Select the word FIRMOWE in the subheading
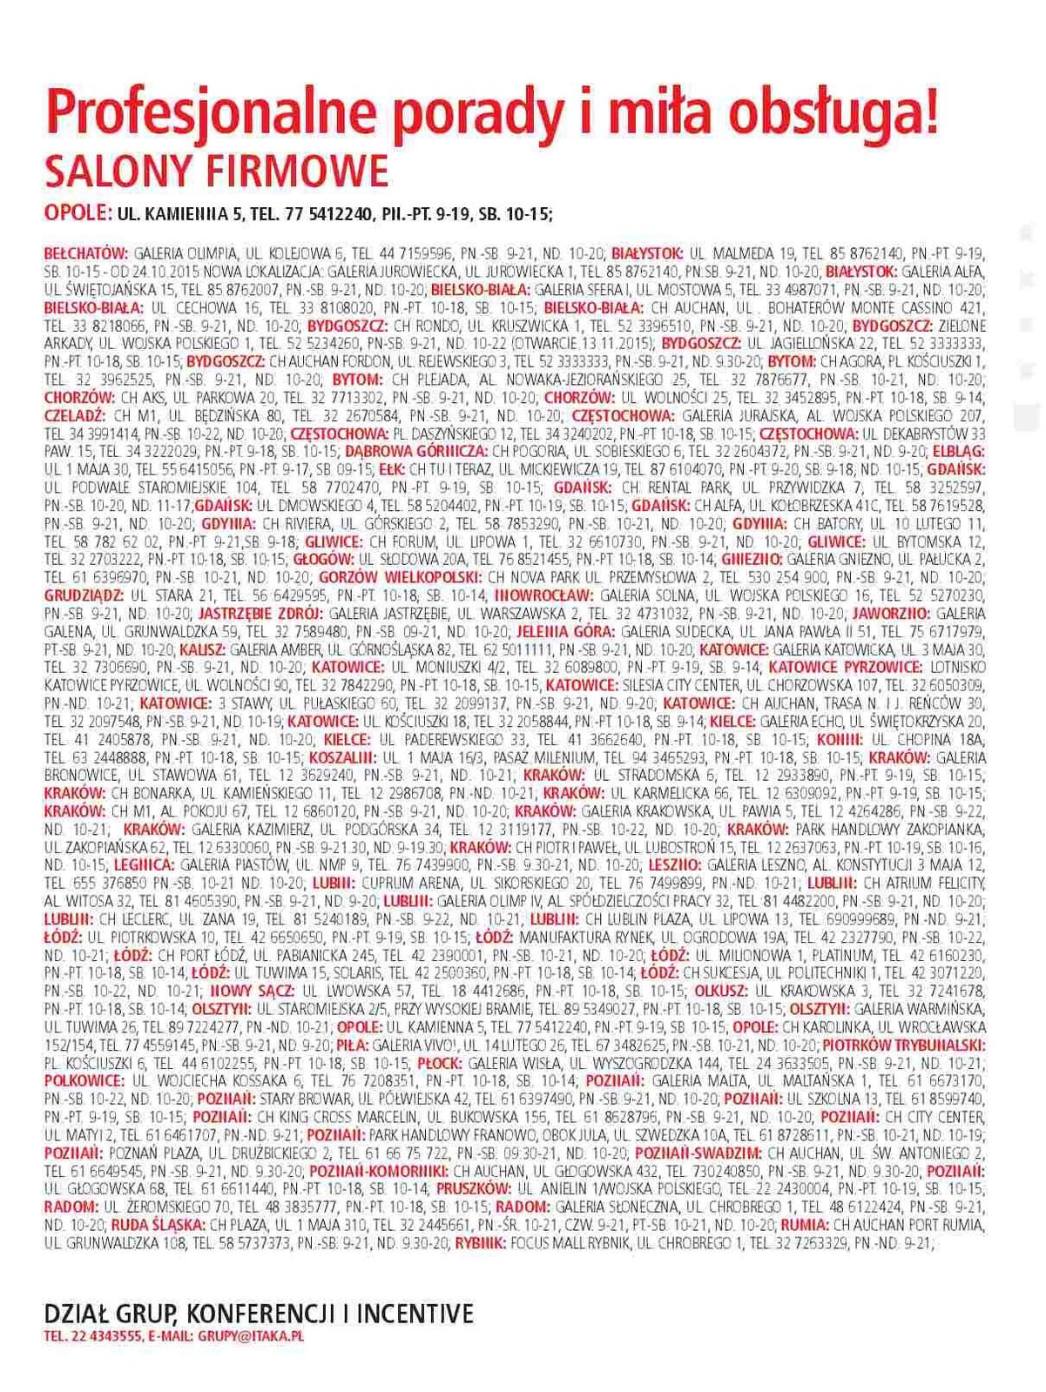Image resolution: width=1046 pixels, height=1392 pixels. click(296, 171)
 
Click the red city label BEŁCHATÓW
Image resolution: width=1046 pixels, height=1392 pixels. click(86, 253)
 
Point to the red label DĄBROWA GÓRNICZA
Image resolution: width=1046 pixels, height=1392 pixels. click(416, 452)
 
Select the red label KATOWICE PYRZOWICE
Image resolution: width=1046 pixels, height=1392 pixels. click(845, 668)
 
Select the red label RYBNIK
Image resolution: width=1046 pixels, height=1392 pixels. click(480, 1243)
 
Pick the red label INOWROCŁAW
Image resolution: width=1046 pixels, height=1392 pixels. click(543, 595)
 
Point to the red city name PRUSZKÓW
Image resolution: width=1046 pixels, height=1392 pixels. click(474, 1188)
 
